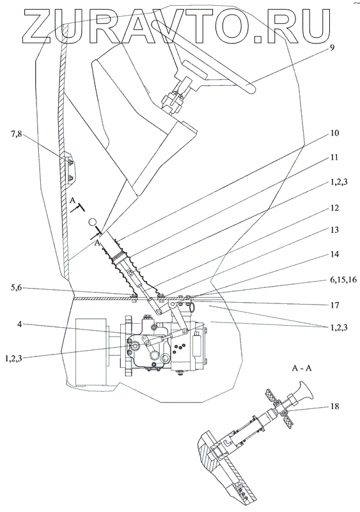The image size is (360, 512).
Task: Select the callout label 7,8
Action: click(15, 134)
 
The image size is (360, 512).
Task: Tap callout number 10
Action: click(334, 133)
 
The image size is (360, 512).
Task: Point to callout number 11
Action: click(334, 157)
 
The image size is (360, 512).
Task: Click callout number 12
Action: click(334, 208)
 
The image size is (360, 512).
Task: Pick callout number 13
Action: click(334, 230)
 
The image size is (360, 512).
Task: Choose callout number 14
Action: click(334, 254)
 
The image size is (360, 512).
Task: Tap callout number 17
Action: click(334, 305)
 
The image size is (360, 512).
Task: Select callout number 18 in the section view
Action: click(335, 406)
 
